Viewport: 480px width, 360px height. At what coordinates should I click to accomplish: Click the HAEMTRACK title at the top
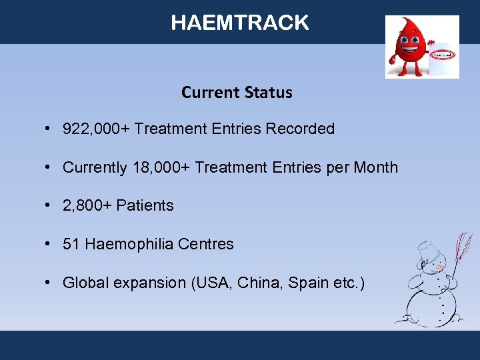[x=240, y=23]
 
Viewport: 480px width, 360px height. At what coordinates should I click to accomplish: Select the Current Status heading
[x=237, y=92]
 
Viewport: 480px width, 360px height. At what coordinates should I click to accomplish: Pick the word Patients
[x=145, y=205]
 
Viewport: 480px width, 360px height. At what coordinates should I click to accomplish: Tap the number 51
[x=71, y=244]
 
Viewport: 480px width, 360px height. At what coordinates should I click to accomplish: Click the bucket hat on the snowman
[x=427, y=252]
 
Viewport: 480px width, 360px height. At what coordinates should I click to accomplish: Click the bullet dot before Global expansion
[x=50, y=283]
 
